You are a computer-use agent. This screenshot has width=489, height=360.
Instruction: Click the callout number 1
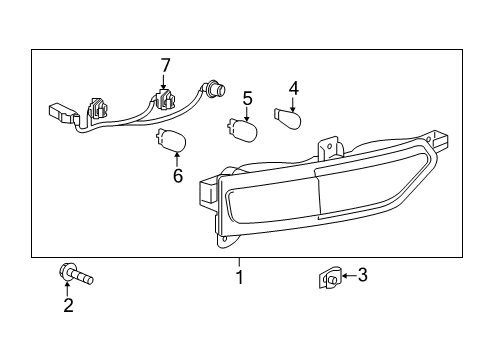(x=240, y=275)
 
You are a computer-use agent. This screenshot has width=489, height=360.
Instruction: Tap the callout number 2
(x=68, y=306)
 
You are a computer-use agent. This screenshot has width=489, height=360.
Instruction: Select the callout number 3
(x=363, y=275)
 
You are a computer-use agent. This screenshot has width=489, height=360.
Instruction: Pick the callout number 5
(x=247, y=99)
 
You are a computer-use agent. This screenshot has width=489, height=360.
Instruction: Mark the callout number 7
(x=166, y=65)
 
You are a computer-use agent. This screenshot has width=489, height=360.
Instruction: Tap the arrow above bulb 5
(x=246, y=114)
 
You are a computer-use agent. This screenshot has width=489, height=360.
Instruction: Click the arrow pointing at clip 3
(x=347, y=276)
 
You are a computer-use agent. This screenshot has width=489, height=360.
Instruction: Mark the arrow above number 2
(x=68, y=289)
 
